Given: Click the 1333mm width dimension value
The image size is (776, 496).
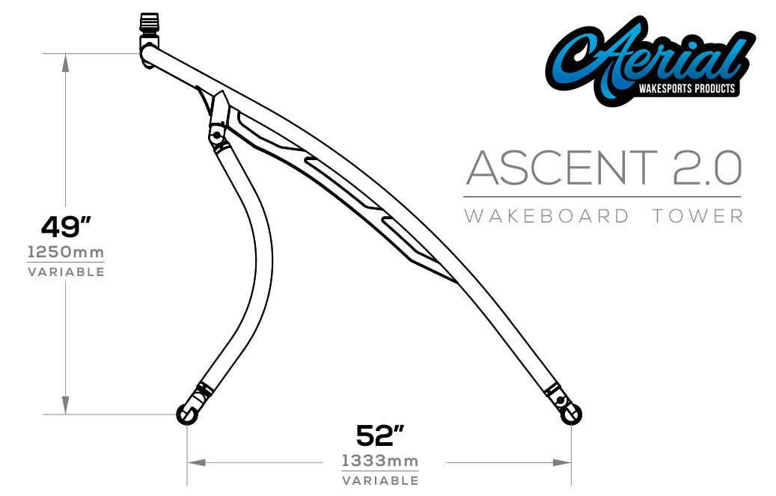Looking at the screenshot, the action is [x=380, y=460].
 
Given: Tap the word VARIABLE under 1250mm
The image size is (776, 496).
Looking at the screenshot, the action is [x=66, y=272].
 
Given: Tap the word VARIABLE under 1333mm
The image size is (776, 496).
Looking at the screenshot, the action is [x=380, y=480].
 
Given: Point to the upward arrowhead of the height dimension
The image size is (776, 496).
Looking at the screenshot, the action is [x=66, y=63].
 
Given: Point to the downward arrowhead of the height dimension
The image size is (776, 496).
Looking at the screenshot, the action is [x=66, y=405].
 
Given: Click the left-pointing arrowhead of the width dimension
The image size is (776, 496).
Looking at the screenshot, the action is [x=196, y=463].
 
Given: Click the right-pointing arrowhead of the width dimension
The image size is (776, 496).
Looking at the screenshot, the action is [x=563, y=463].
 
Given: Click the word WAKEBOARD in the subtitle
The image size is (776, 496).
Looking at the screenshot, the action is [x=546, y=216].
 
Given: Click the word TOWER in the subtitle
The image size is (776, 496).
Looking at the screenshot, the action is [x=697, y=216].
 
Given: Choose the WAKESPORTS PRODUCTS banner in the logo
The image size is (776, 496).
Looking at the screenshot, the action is [x=688, y=89].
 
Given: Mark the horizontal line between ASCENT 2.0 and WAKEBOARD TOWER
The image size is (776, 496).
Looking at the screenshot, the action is [x=602, y=197].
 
